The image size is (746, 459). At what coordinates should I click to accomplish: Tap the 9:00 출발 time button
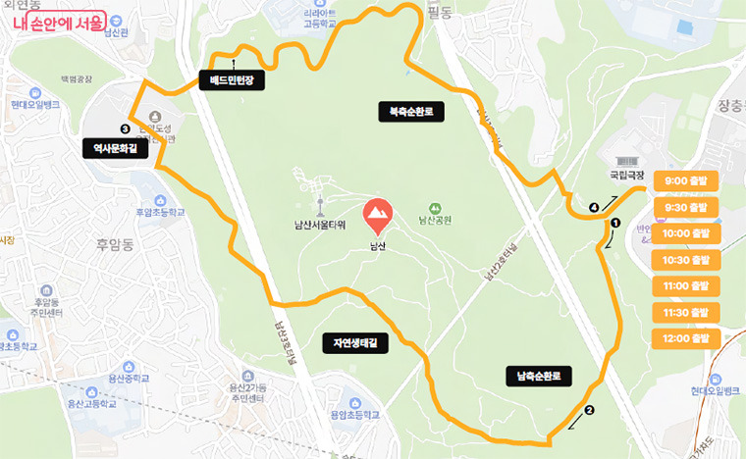[685, 180]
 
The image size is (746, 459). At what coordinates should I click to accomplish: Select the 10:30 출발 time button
[685, 260]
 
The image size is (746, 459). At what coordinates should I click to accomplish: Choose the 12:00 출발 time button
[685, 338]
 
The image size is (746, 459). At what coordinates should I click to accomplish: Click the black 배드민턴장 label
[233, 80]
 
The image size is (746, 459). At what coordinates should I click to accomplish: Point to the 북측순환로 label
[411, 113]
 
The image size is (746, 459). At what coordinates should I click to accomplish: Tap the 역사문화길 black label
[114, 148]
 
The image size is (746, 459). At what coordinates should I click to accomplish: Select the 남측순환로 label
[538, 375]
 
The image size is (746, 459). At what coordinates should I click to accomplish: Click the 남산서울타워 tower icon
[320, 206]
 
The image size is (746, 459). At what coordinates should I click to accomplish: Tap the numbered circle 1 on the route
[615, 223]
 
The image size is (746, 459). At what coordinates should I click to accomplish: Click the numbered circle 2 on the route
[589, 411]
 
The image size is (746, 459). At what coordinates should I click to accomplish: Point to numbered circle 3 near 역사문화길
[125, 128]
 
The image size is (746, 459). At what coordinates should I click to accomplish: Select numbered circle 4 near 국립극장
[593, 208]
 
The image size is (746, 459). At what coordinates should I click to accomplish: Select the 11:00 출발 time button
[685, 286]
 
